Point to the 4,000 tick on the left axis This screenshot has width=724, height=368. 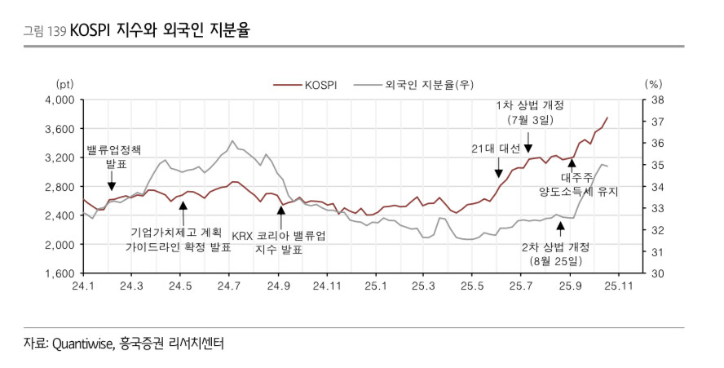(62, 100)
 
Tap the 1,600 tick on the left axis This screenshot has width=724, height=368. (62, 273)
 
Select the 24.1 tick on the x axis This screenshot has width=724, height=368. (83, 286)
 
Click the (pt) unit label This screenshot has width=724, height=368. (64, 84)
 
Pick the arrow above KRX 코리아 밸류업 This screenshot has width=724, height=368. (280, 215)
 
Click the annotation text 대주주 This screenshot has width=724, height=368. (578, 176)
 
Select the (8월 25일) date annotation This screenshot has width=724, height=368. (556, 261)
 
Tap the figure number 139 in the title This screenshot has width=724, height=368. (58, 32)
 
